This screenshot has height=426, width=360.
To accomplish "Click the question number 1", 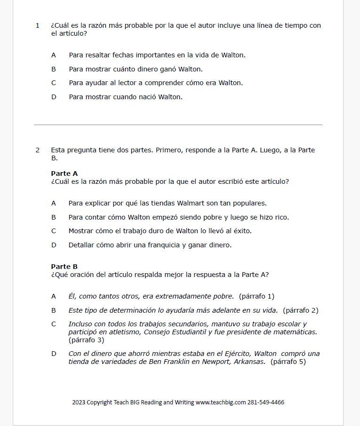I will click(x=38, y=26).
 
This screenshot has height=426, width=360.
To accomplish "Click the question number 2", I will click(x=38, y=150).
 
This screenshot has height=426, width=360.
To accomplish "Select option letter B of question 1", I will click(x=54, y=69).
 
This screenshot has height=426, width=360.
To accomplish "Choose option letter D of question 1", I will click(x=54, y=97).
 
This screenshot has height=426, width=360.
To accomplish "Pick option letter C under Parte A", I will click(x=54, y=231).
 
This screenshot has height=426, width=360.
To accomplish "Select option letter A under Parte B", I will click(x=54, y=296).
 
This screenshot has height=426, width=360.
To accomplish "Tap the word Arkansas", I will click(x=249, y=362).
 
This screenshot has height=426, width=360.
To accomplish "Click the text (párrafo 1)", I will click(x=256, y=296).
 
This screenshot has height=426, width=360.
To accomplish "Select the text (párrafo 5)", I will click(x=288, y=362).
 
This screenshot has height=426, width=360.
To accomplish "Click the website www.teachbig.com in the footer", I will click(x=220, y=402).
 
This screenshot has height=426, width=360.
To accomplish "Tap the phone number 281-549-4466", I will click(x=266, y=402).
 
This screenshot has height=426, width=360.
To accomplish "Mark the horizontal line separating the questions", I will click(x=178, y=125).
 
